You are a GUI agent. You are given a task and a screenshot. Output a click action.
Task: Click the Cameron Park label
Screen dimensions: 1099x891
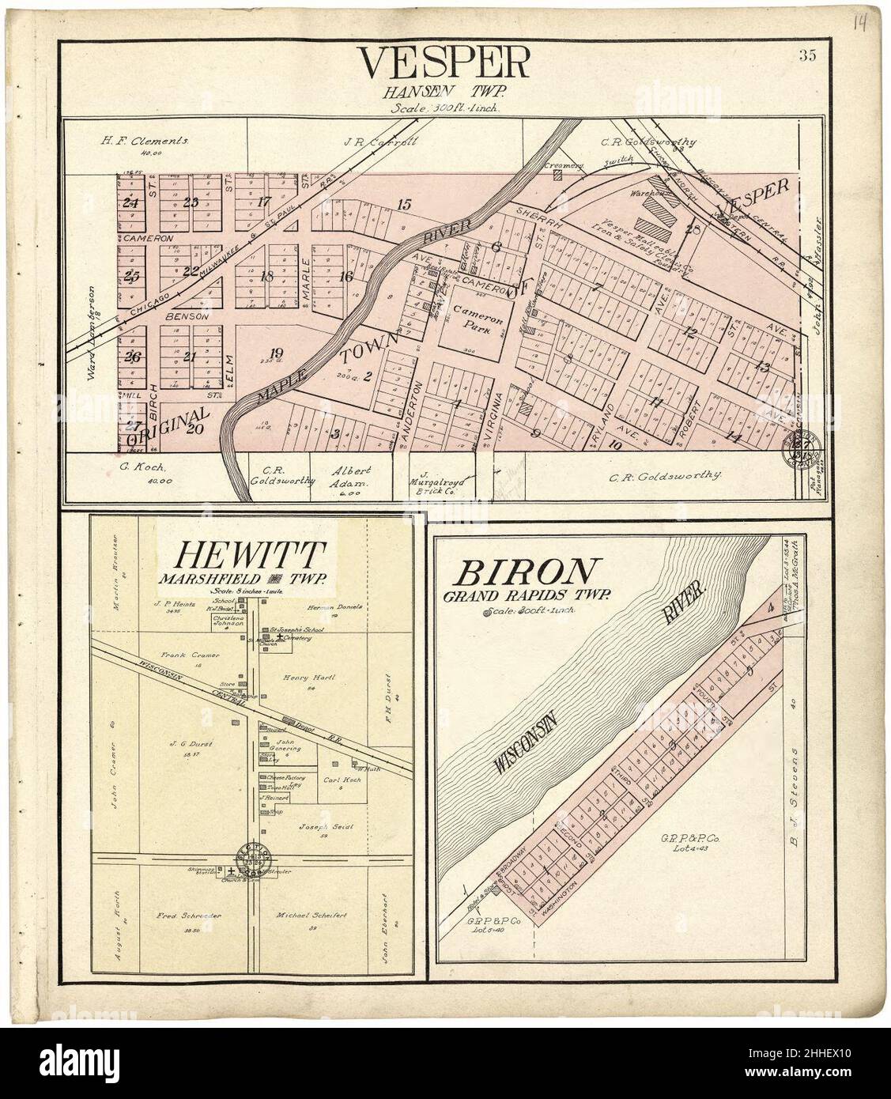tap(472, 317)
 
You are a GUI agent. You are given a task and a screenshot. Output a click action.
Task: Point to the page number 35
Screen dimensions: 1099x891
tap(807, 55)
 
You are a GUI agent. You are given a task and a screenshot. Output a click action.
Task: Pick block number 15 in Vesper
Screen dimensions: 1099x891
tap(404, 205)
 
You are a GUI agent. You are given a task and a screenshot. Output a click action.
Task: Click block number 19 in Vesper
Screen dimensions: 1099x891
tap(275, 353)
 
